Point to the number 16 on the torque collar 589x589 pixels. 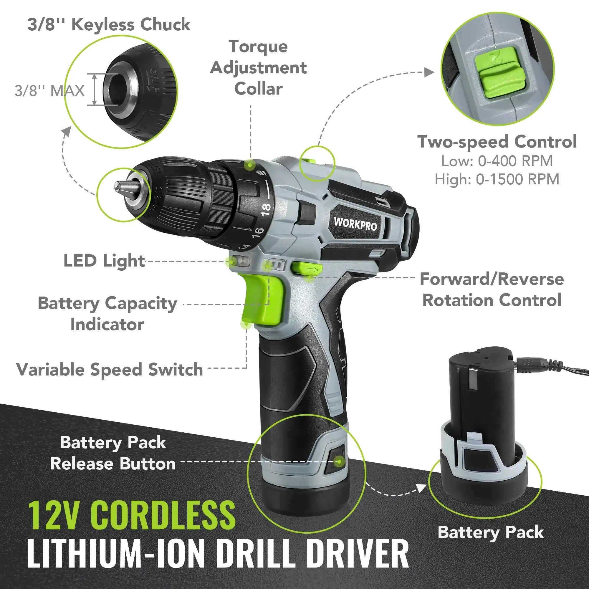257,233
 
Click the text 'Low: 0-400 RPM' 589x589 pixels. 497,161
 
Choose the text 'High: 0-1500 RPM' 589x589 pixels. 497,179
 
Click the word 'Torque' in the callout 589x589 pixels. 258,47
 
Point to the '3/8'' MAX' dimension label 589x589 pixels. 50,91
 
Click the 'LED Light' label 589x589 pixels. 104,261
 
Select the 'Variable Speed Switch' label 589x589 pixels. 110,370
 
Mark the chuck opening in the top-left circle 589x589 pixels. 117,90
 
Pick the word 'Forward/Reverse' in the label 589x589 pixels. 492,279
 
